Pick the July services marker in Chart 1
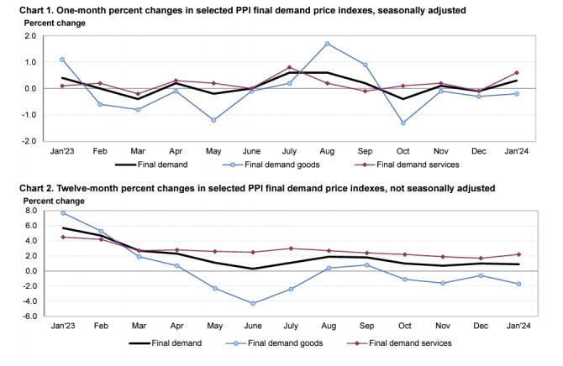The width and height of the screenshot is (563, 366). tap(289, 67)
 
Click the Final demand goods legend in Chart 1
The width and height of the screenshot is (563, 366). tap(273, 165)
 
